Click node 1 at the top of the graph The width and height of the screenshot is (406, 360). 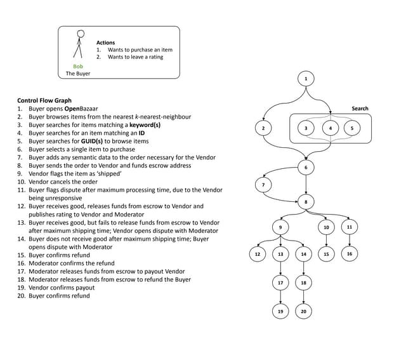(306, 78)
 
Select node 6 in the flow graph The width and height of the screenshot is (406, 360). (306, 167)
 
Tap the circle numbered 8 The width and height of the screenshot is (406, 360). (306, 202)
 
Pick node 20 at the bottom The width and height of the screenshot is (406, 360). (303, 311)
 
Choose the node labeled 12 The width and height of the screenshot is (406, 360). (257, 254)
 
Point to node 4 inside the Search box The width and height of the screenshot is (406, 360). (330, 128)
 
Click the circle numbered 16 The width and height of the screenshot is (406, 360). (350, 253)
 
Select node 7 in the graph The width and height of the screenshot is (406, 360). (263, 185)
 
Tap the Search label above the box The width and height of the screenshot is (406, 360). (360, 109)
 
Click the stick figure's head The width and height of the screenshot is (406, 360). (80, 34)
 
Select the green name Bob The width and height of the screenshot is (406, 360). (78, 66)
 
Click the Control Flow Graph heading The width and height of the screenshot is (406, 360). (44, 100)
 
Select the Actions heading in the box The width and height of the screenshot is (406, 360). (105, 43)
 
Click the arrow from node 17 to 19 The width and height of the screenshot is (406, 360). (280, 297)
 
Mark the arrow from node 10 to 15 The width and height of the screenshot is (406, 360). (326, 241)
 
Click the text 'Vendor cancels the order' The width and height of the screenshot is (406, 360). (63, 182)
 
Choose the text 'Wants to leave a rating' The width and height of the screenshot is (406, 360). (135, 57)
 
